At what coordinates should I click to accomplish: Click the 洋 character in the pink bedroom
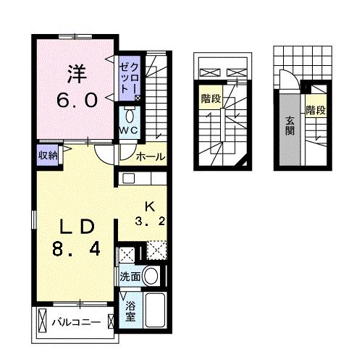pos(77,74)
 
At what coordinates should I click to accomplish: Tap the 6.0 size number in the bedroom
pos(77,100)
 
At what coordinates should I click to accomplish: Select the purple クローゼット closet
pos(130,78)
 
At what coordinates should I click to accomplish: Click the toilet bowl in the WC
pos(130,117)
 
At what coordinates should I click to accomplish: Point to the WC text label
pos(129,130)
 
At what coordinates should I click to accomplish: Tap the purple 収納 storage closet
pos(48,156)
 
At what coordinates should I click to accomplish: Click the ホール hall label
pos(151,157)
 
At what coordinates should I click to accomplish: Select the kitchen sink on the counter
pos(129,179)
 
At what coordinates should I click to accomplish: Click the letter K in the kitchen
pos(150,207)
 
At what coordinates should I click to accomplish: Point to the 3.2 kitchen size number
pos(150,221)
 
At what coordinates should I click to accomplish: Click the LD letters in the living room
pos(77,227)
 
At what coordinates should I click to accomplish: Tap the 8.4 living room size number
pos(76,249)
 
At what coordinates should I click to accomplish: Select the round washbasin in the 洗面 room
pos(151,276)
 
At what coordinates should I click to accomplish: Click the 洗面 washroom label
pos(130,277)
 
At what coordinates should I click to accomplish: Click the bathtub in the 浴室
pos(155,310)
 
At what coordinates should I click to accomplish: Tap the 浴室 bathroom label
pos(130,311)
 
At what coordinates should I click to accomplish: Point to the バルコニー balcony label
pos(76,322)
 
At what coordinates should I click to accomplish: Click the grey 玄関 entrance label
pos(290,126)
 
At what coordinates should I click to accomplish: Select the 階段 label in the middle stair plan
pos(211,98)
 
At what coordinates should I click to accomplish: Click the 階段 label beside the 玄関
pos(316,111)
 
